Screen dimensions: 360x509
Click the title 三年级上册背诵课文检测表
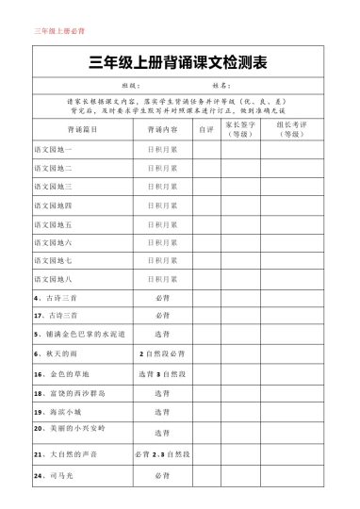coord(178,64)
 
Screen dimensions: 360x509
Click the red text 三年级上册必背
coord(58,31)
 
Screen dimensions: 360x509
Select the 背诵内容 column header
coord(162,128)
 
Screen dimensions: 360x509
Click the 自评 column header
coord(206,128)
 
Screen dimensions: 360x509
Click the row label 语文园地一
coord(53,150)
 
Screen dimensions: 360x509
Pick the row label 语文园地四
coord(53,205)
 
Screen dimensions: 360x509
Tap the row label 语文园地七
coord(53,260)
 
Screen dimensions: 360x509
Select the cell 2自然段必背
coord(162,353)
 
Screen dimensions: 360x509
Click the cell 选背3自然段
coord(162,374)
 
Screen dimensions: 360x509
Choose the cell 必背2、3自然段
coord(162,454)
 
